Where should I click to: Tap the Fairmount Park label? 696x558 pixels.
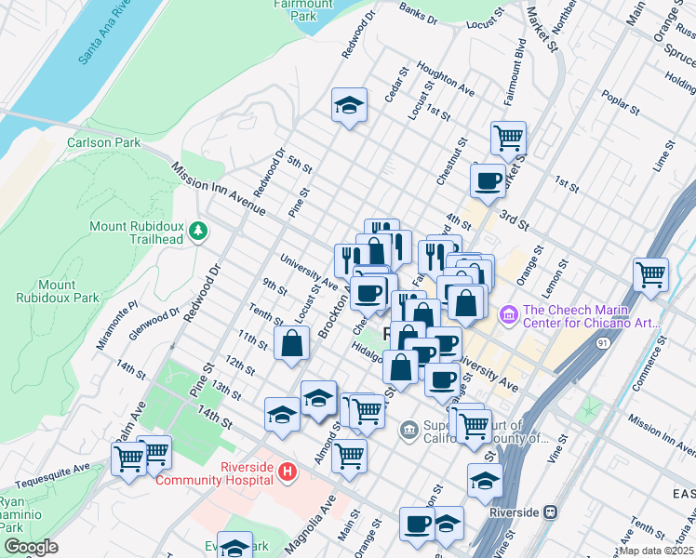pyautogui.click(x=289, y=9)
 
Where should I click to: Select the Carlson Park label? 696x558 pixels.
pyautogui.click(x=103, y=142)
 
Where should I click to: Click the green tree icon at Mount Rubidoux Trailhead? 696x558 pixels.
pyautogui.click(x=197, y=230)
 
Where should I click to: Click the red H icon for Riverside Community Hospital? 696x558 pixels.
pyautogui.click(x=288, y=472)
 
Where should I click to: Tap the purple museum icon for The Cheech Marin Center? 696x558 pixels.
pyautogui.click(x=509, y=316)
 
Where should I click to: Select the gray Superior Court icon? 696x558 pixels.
pyautogui.click(x=408, y=429)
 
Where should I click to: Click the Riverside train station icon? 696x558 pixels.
pyautogui.click(x=551, y=511)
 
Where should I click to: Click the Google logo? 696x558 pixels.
pyautogui.click(x=31, y=547)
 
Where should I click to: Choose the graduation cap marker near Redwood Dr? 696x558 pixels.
pyautogui.click(x=350, y=106)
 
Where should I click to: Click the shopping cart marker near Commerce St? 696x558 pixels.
pyautogui.click(x=650, y=274)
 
